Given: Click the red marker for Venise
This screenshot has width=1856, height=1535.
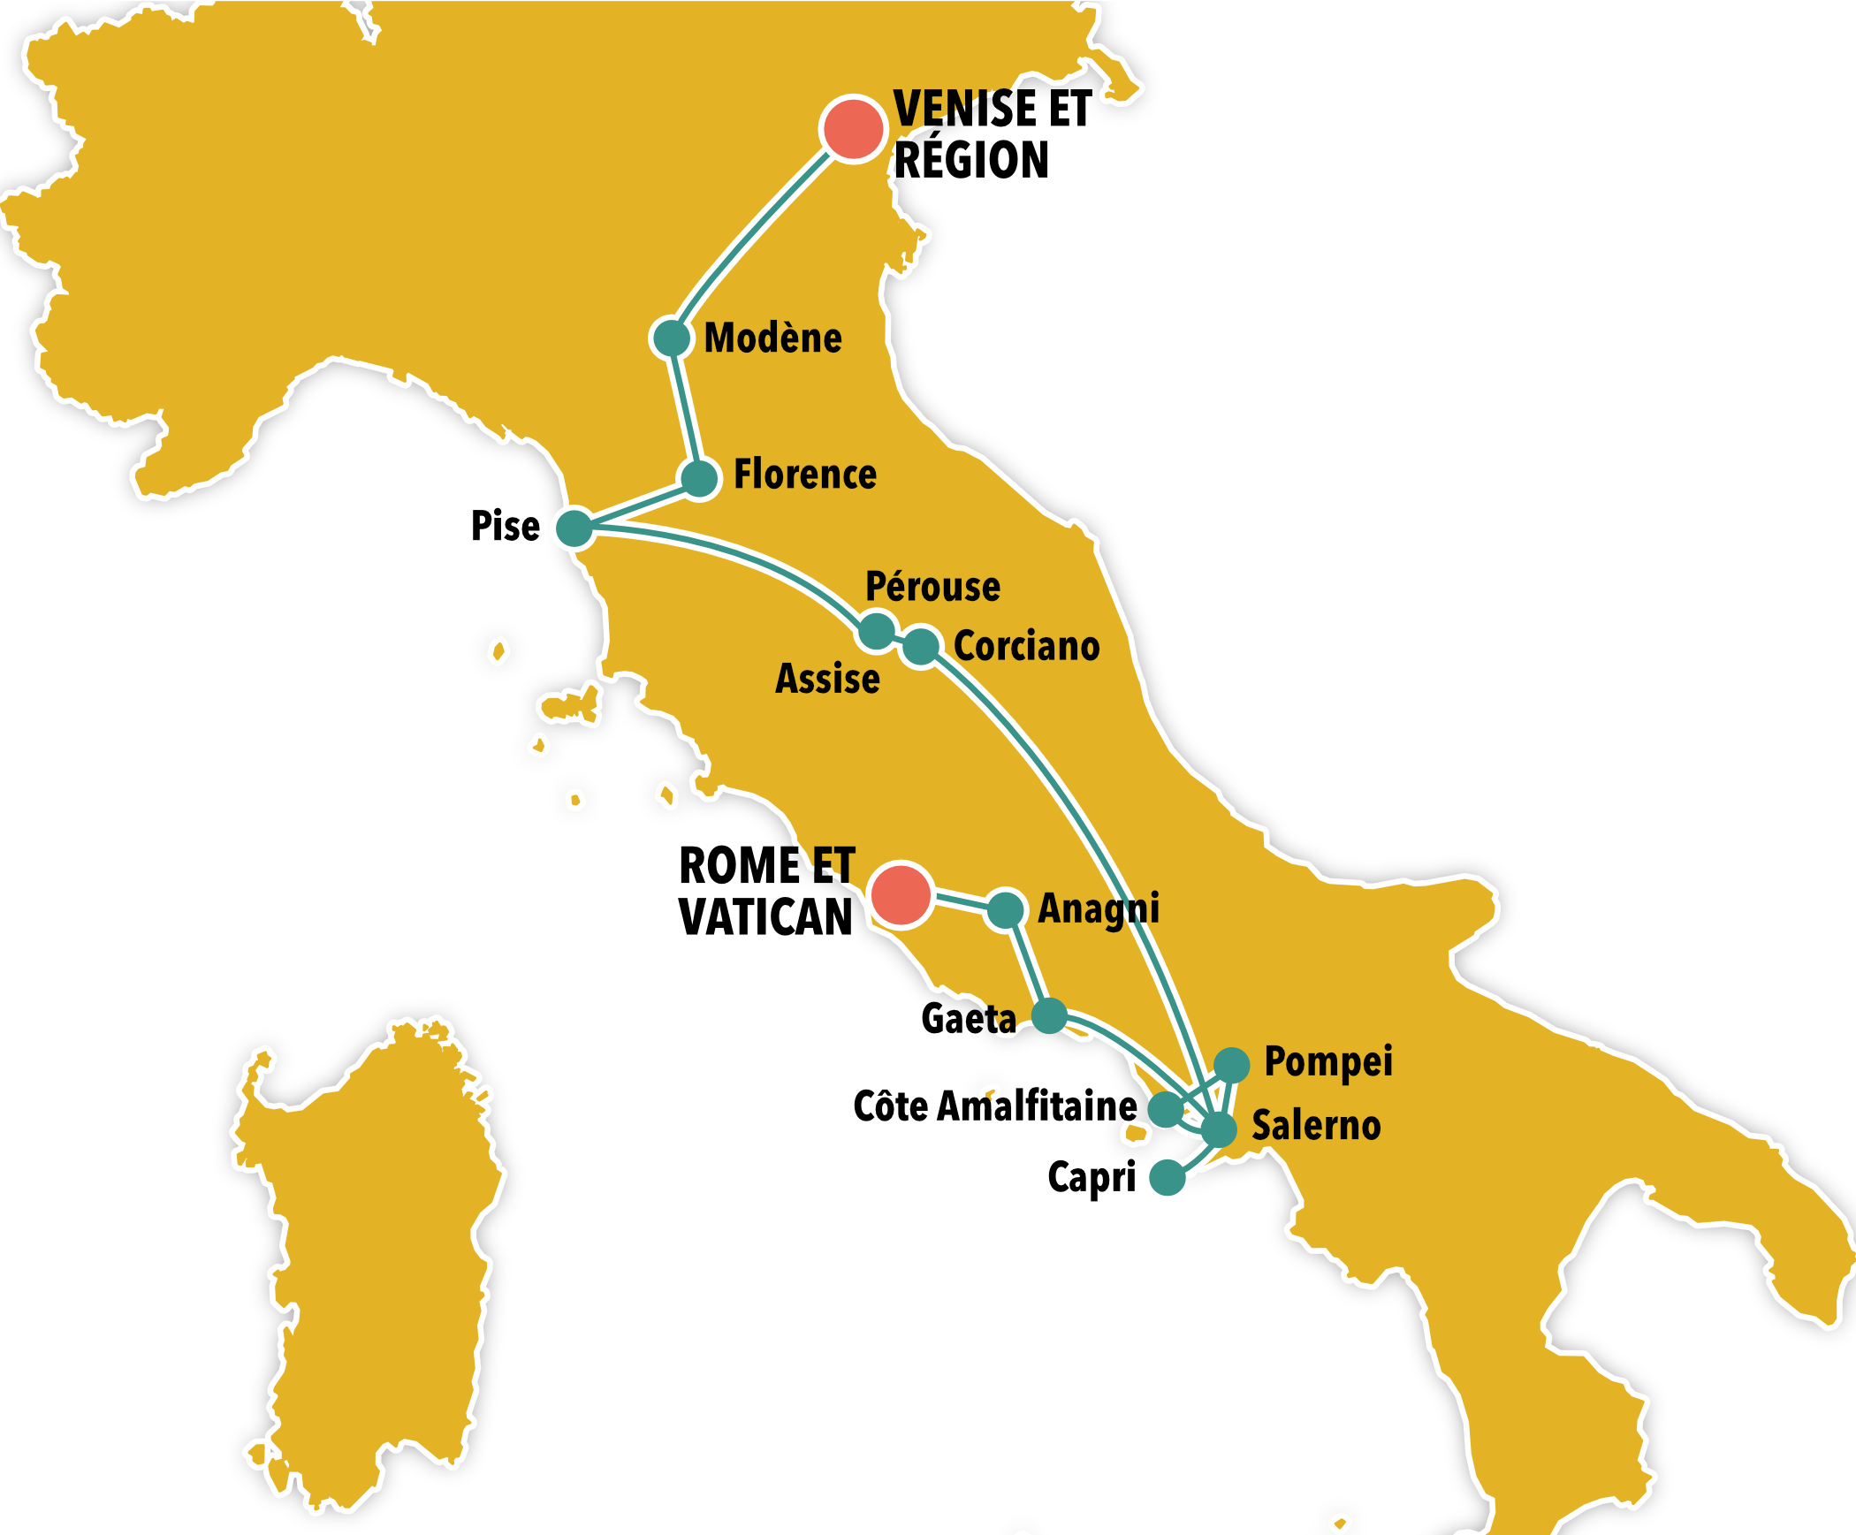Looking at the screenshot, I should coord(853,129).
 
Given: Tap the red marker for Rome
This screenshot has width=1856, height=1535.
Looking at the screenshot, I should coord(901,894).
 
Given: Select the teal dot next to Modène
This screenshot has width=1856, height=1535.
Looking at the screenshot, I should coord(672,338).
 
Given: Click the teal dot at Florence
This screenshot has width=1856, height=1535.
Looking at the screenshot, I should coord(700,478).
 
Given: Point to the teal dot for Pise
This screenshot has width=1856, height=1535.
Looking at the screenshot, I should coord(575,528).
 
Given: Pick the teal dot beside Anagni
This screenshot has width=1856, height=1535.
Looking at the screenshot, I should coord(1005,910).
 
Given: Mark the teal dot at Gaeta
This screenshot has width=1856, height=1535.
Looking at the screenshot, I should coord(1049,1016).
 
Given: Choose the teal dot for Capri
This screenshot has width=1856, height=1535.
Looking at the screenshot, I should coord(1167,1177).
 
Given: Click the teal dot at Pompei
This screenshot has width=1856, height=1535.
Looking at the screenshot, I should coord(1231,1065).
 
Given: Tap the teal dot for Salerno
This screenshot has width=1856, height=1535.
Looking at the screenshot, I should coord(1219,1128).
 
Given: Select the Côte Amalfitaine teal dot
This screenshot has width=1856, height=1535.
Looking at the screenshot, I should coord(1165,1109).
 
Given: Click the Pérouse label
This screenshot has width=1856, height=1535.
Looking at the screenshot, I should coord(932,587).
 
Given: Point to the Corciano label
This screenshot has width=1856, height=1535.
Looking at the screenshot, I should coord(1027,646).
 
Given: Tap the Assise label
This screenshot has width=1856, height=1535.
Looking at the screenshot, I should coord(827,679).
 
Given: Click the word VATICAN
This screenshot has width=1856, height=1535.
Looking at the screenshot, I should coord(765,917).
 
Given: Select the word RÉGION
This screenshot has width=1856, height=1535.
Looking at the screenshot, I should coord(971,160).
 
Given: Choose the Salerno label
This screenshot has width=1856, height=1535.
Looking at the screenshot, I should coord(1316,1126).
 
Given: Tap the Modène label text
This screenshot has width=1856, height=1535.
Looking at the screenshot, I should coord(773,338).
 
